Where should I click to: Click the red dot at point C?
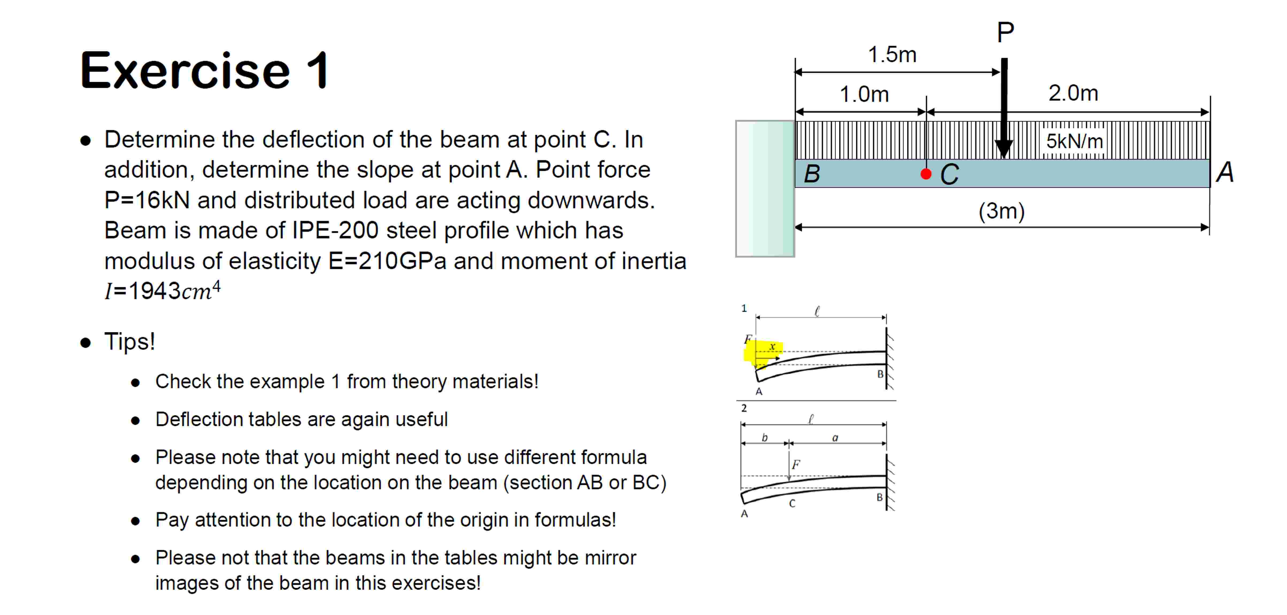pos(926,174)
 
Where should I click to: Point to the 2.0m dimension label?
pos(1073,93)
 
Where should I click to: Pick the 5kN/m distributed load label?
pos(1074,141)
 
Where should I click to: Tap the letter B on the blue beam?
pos(812,174)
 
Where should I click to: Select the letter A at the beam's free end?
pos(1224,172)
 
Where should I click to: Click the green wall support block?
pos(765,189)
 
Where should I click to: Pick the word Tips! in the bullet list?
pos(129,342)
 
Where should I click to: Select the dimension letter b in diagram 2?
pos(764,438)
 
